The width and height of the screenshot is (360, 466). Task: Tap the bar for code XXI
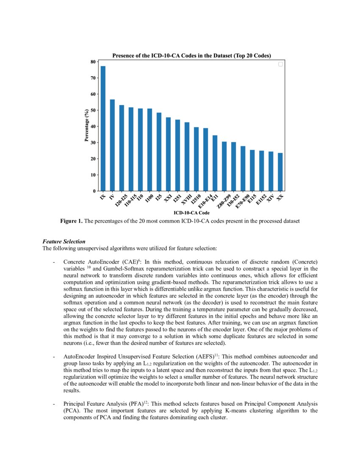[168, 154]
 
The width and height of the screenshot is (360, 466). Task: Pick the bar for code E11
[215, 163]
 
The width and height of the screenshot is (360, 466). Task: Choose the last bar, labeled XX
[280, 172]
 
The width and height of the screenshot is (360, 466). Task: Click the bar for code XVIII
[187, 157]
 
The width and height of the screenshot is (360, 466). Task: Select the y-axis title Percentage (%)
[86, 126]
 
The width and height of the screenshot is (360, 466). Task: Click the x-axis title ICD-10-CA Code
[191, 212]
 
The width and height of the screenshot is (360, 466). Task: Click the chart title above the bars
[191, 55]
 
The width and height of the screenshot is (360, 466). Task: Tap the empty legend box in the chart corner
[280, 64]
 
